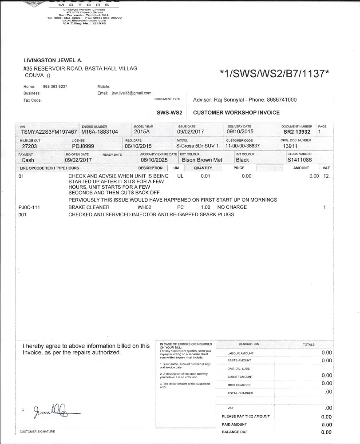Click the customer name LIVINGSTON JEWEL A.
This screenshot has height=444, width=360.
click(x=53, y=60)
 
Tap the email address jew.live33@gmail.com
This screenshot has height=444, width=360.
click(x=131, y=93)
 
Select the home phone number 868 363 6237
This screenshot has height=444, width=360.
click(x=55, y=86)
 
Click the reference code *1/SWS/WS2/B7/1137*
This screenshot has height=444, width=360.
click(x=274, y=74)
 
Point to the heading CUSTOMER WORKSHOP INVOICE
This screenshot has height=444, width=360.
click(x=236, y=113)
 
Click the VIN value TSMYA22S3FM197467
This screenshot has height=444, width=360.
click(x=49, y=132)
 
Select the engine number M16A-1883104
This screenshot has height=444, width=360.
click(x=100, y=132)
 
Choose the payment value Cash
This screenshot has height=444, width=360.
click(x=28, y=160)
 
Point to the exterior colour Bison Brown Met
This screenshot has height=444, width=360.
click(x=202, y=160)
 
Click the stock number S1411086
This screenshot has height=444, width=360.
click(x=300, y=160)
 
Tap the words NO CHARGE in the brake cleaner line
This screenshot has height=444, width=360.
click(x=232, y=207)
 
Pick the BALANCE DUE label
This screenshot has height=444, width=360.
click(x=234, y=432)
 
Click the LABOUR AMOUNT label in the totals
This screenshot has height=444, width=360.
click(x=240, y=353)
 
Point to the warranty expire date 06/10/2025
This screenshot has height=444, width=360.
click(x=153, y=160)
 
